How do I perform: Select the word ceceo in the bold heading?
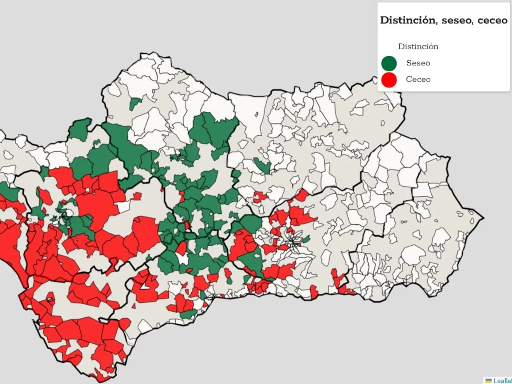(492, 20)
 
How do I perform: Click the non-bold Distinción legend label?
(418, 47)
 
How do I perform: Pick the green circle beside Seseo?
(389, 63)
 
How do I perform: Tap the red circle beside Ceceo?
(389, 79)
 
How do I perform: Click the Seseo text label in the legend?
(418, 63)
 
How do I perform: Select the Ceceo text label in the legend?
(418, 79)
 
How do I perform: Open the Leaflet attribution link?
(503, 381)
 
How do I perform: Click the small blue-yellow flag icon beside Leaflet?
(489, 381)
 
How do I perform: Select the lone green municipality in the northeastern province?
(262, 165)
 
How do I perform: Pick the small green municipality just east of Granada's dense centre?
(306, 239)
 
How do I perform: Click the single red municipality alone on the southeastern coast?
(314, 292)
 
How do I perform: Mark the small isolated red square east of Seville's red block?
(137, 196)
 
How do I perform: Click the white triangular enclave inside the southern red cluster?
(145, 287)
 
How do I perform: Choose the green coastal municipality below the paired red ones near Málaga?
(188, 315)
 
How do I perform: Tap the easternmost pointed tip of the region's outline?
(483, 219)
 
